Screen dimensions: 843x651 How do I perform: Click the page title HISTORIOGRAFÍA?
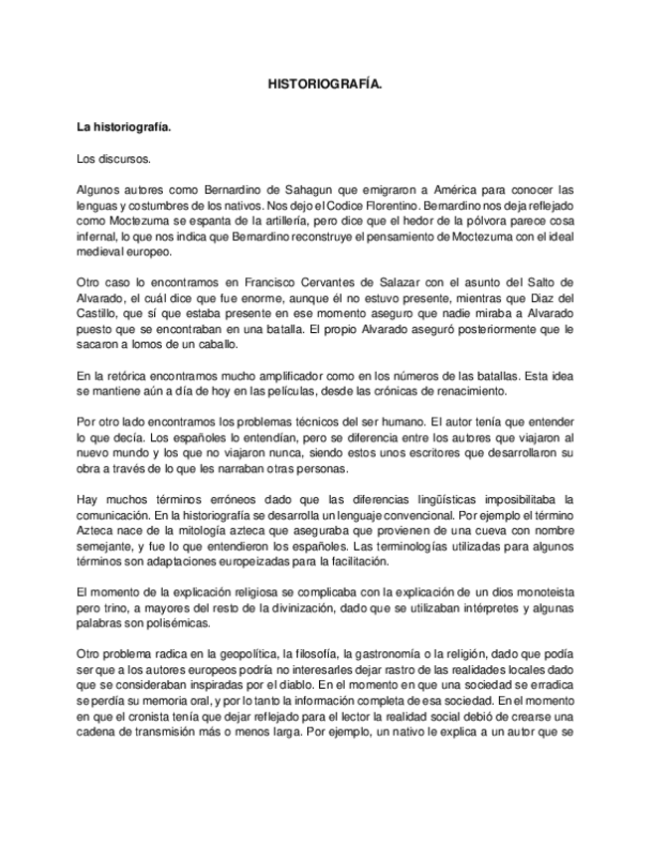324,86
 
